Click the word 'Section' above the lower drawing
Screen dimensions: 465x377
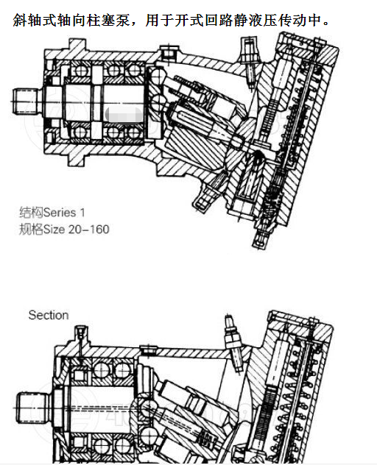tap(49, 315)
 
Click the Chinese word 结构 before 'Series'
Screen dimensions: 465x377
tap(31, 213)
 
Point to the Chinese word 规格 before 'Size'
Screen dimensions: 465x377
tap(31, 229)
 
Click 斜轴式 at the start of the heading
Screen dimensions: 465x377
tap(30, 21)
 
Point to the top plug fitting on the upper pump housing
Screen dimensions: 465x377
tap(247, 56)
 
